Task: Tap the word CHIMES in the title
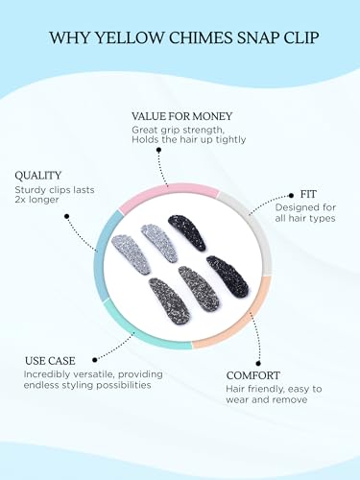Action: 201,37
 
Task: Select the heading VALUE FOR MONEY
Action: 181,116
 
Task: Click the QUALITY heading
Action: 38,176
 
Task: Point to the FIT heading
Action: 308,194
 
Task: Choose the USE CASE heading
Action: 50,361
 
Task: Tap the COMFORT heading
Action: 252,375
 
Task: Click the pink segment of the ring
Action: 169,191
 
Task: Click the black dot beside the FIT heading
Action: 291,195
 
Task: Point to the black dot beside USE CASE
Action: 94,360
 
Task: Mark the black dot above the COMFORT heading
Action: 258,363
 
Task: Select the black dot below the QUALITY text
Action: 66,216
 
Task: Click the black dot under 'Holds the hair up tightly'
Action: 158,150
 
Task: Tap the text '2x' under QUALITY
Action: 20,200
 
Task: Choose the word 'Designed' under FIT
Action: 295,208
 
